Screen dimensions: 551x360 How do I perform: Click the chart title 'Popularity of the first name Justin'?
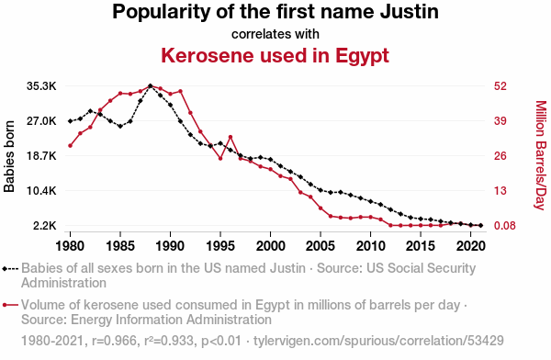[x=275, y=12]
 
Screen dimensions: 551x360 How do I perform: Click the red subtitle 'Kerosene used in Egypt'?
[x=275, y=56]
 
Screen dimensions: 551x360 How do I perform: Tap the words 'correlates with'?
[x=275, y=34]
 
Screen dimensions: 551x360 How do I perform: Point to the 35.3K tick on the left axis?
[x=41, y=86]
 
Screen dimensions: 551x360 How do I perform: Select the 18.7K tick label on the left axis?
[x=41, y=156]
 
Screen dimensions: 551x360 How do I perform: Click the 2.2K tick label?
[x=45, y=225]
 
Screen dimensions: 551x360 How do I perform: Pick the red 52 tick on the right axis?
[x=500, y=86]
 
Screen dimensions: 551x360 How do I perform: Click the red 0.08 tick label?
[x=504, y=225]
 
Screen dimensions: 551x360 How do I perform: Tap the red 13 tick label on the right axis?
[x=500, y=190]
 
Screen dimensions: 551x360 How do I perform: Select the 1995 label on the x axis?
[x=220, y=246]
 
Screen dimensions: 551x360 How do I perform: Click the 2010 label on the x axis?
[x=370, y=246]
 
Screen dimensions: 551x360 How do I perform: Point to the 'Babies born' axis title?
[x=9, y=156]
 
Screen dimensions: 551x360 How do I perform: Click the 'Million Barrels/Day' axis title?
[x=541, y=155]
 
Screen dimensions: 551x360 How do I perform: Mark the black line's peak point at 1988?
[x=151, y=85]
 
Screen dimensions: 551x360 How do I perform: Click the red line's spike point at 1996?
[x=231, y=137]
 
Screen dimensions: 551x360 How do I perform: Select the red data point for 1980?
[x=71, y=145]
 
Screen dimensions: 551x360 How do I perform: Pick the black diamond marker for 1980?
[x=71, y=121]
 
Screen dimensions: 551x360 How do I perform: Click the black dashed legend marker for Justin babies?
[x=10, y=269]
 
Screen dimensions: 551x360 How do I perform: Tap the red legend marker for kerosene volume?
[x=10, y=305]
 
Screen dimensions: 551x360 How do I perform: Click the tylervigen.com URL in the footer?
[x=378, y=341]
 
